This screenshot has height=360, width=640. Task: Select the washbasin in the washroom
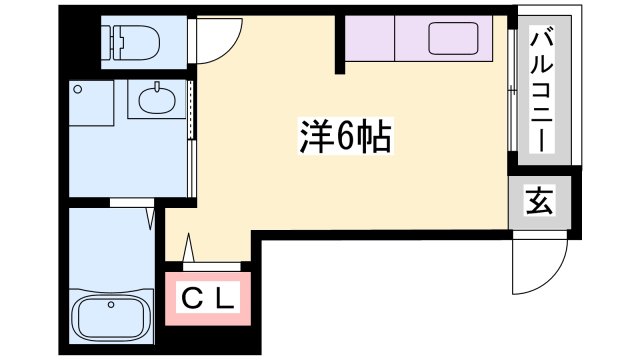158,99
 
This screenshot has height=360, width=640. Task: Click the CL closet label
208,297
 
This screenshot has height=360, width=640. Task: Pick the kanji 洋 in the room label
316,138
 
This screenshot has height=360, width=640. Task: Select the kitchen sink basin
455,39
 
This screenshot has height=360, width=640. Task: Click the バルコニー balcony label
543,91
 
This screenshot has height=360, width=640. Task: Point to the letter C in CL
190,297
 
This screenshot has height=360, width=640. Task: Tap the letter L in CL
225,297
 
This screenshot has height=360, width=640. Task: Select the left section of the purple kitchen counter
370,39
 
